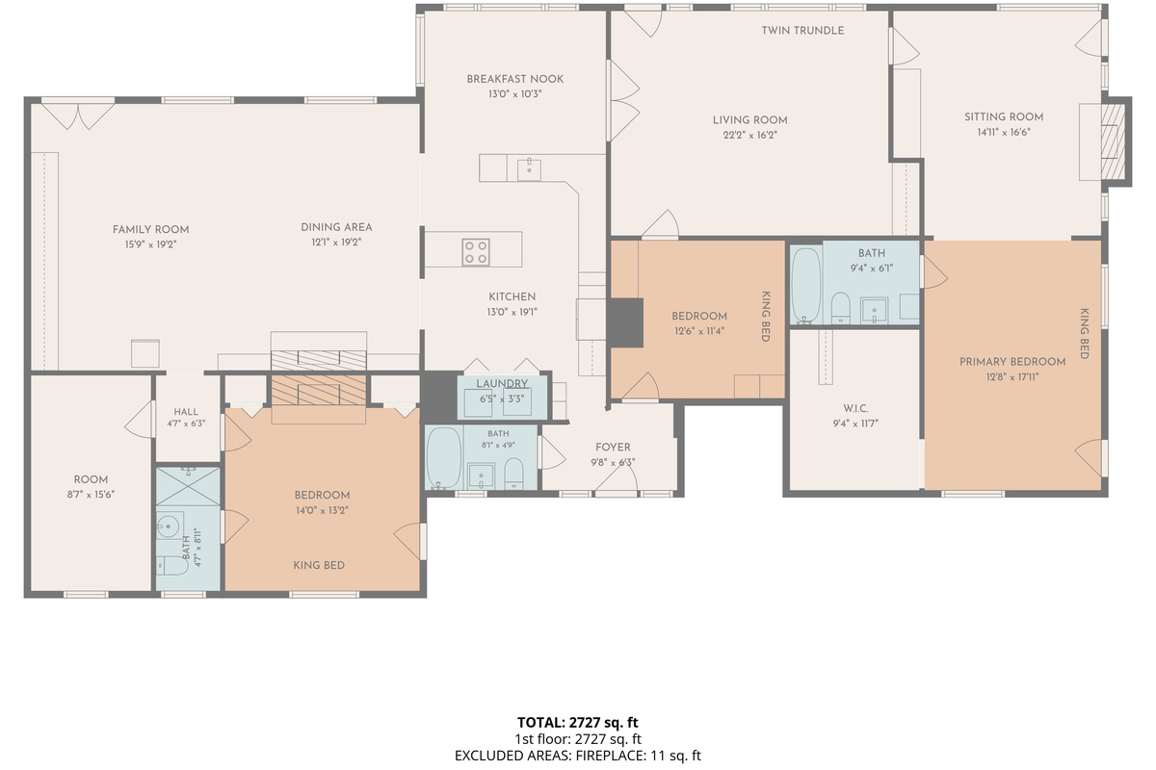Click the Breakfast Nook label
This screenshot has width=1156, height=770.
click(x=514, y=80)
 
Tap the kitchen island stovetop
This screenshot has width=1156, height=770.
click(x=476, y=252)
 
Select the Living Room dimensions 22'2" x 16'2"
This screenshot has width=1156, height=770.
click(x=749, y=136)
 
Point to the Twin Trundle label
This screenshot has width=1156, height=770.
click(x=802, y=31)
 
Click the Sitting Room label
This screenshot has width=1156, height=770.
click(x=1004, y=117)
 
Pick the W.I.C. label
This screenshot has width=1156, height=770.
click(x=855, y=408)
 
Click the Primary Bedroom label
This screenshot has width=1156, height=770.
click(x=1012, y=362)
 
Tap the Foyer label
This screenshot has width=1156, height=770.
click(x=613, y=448)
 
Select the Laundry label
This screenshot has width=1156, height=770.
click(x=502, y=384)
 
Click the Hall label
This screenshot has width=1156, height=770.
click(x=186, y=412)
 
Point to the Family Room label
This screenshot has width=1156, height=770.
click(x=150, y=230)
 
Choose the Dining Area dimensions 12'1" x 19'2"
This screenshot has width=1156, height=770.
click(x=336, y=243)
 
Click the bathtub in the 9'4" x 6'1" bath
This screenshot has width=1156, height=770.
click(x=806, y=285)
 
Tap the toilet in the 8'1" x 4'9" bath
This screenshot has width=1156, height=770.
click(x=513, y=473)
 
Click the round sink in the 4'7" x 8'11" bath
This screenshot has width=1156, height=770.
click(x=169, y=526)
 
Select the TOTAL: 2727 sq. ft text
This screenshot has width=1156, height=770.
click(x=577, y=722)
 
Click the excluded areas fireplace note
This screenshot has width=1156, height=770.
click(x=577, y=756)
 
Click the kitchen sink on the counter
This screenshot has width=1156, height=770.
click(x=529, y=169)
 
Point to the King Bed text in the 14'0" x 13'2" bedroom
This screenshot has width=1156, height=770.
click(x=319, y=566)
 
